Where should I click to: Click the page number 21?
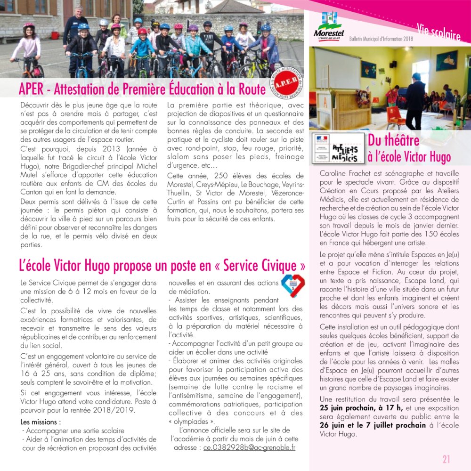[446, 459]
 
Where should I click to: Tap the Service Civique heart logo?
[292, 286]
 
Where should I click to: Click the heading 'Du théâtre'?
[393, 140]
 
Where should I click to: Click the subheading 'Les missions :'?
[41, 422]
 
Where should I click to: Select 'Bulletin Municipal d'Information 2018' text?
[381, 39]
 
